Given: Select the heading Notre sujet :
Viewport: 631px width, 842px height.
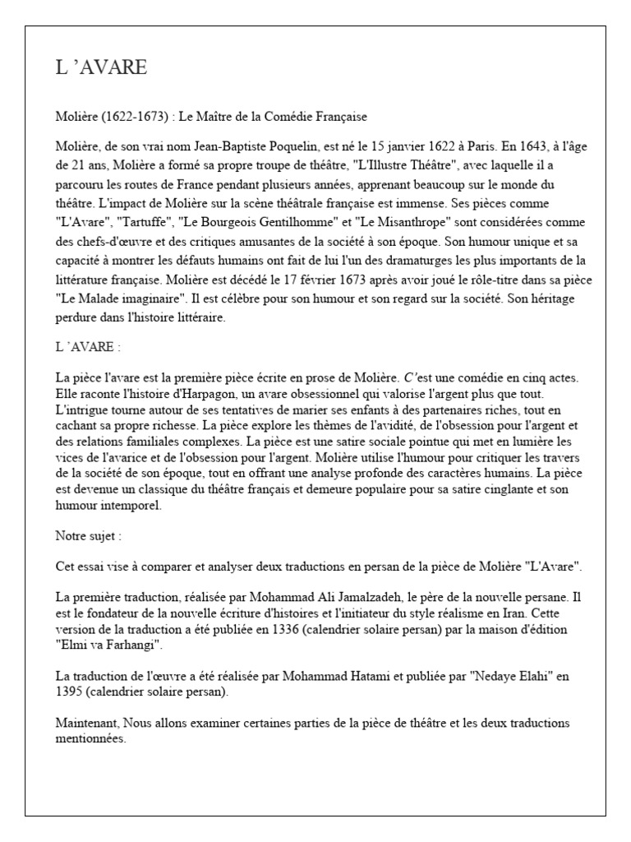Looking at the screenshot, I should [x=89, y=535].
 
